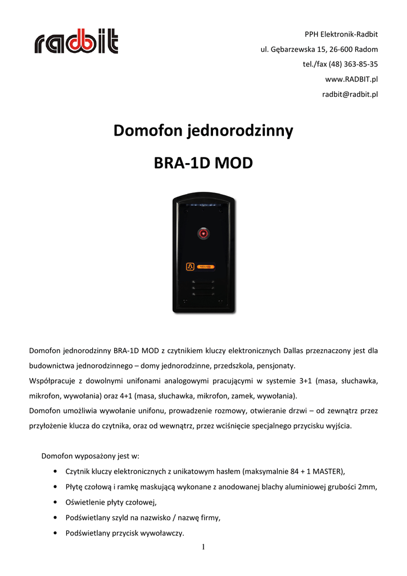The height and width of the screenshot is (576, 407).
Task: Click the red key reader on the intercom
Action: (x=203, y=232)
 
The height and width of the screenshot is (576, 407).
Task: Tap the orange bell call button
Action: (x=190, y=267)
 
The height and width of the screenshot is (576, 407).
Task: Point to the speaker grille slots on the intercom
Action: (x=203, y=287)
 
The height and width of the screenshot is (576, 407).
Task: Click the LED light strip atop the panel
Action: (x=203, y=206)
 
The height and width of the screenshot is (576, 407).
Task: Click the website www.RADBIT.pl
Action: (x=351, y=79)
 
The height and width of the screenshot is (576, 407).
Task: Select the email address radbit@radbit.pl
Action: (x=350, y=94)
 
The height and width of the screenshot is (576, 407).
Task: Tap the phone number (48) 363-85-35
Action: (x=353, y=64)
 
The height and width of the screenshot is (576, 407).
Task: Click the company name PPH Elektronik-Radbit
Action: (x=341, y=34)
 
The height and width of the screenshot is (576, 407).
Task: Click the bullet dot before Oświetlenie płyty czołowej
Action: (x=53, y=502)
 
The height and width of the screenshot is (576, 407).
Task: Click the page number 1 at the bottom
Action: (x=203, y=547)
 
